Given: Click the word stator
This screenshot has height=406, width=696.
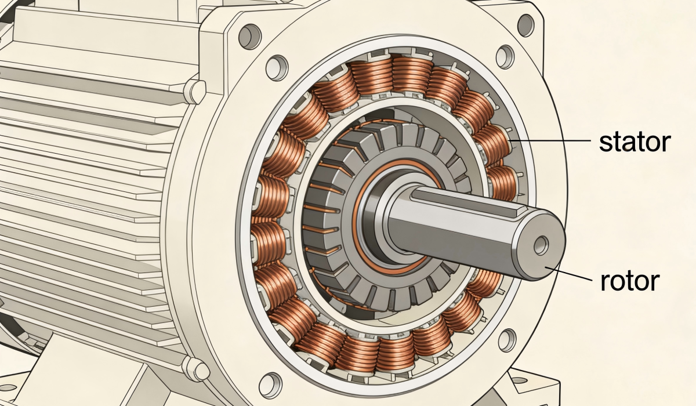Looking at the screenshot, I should click(635, 142).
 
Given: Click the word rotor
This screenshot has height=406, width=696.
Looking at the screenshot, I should click(630, 281).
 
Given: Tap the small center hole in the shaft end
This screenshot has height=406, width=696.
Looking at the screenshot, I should click(541, 245).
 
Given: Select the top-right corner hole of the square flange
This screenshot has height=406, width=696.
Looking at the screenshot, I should click(525, 24).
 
